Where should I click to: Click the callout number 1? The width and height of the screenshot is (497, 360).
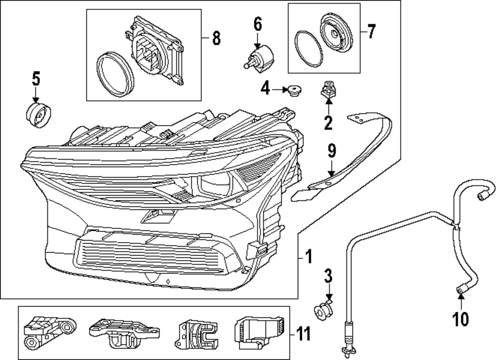pos(308,257)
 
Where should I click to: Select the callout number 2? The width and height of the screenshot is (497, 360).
pos(328,121)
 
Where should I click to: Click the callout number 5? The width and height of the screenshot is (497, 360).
pos(36,78)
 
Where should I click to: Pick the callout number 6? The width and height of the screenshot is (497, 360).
pos(257,24)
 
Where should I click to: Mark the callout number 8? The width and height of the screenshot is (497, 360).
pos(216,38)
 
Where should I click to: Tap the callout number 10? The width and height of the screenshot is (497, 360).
pos(461,318)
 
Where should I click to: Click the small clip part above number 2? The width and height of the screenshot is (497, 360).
pos(328,90)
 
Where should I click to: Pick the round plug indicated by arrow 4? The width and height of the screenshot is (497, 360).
pos(295,90)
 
